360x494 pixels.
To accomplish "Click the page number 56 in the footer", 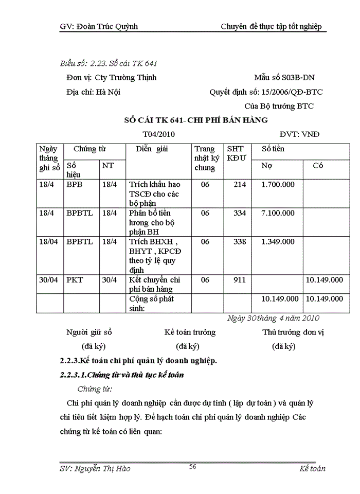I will [193, 466].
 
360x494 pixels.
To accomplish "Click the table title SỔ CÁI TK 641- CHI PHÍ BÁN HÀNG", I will [196, 120].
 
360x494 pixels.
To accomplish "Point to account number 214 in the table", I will [239, 185].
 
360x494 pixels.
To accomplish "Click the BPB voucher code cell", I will [75, 185].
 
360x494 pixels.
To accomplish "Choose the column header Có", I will [318, 166].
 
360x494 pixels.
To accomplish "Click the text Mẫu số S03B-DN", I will [284, 78].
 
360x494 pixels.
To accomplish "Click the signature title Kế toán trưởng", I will [190, 332].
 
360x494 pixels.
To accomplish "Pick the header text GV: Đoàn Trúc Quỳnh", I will [99, 26].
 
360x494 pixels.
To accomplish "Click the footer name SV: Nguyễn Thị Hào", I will [95, 468].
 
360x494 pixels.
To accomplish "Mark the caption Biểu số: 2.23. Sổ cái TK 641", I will [109, 63].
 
